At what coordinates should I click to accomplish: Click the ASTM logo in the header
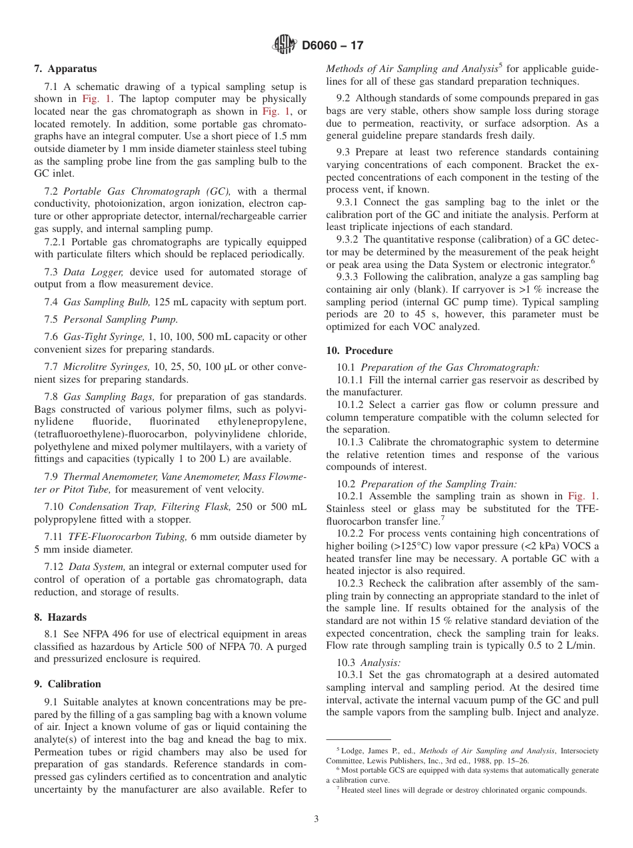[x=285, y=45]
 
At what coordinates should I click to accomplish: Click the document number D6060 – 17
[x=332, y=46]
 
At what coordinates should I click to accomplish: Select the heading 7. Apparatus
[x=65, y=69]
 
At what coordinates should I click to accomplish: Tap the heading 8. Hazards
[x=61, y=617]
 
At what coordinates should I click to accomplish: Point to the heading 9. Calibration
[x=67, y=684]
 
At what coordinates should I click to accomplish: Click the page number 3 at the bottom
[x=316, y=819]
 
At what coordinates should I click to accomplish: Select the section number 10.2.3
[x=352, y=583]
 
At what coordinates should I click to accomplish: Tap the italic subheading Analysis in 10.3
[x=380, y=663]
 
